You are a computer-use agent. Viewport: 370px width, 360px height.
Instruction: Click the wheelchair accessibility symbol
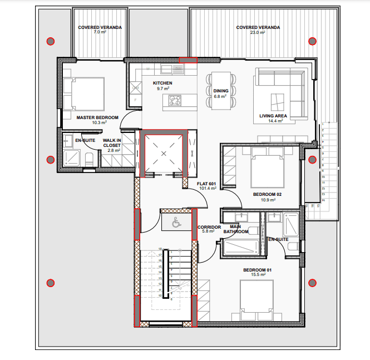point(176,222)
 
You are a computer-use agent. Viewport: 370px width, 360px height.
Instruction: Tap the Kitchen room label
point(162,83)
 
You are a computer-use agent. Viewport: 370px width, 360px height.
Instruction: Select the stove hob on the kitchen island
point(175,100)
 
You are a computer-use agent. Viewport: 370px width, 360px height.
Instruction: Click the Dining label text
point(221,91)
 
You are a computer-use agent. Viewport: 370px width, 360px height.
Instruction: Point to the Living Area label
point(273,116)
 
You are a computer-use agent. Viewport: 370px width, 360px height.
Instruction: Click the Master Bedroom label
point(97,117)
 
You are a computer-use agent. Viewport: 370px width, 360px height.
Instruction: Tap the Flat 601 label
point(206,184)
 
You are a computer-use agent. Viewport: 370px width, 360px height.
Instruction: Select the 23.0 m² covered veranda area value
point(258,32)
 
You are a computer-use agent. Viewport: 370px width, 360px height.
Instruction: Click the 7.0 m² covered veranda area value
point(100,32)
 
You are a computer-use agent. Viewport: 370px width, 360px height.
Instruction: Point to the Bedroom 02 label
point(268,194)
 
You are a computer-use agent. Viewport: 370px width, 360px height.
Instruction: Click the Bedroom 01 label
point(258,270)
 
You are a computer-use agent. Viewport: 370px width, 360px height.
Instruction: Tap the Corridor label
point(209,227)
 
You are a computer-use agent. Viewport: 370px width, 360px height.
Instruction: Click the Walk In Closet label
point(112,143)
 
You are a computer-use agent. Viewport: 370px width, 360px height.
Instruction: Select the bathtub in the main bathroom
point(241,247)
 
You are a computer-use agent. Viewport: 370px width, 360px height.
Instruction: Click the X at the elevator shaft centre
point(164,154)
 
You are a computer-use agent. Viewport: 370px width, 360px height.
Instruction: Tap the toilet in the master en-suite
point(89,160)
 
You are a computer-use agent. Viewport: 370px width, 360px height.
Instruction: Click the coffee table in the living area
point(277,102)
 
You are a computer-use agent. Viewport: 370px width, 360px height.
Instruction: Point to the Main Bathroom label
point(236,229)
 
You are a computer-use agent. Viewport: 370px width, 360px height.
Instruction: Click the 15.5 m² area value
point(258,275)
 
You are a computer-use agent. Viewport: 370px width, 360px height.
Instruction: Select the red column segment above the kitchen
point(188,60)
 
